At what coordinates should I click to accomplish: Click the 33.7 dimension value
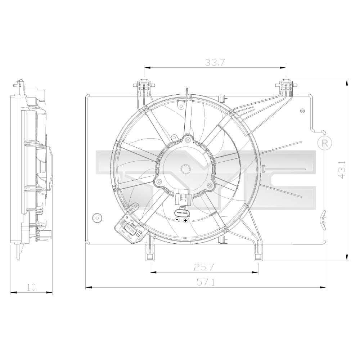click(215, 62)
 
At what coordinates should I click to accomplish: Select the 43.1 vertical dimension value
click(342, 169)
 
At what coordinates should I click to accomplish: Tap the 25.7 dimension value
click(204, 267)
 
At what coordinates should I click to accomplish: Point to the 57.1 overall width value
click(206, 283)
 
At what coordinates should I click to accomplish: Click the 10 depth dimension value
click(31, 287)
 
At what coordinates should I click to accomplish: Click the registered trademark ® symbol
click(324, 143)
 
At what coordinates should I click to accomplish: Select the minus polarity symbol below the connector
click(177, 219)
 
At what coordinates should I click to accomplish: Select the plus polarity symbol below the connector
click(185, 219)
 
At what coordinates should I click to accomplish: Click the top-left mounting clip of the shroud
click(144, 86)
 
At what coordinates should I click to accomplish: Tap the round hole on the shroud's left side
click(97, 218)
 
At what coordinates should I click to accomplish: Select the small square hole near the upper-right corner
click(303, 111)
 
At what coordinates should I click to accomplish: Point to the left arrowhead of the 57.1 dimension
click(86, 287)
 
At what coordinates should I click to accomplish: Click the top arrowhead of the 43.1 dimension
click(347, 81)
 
